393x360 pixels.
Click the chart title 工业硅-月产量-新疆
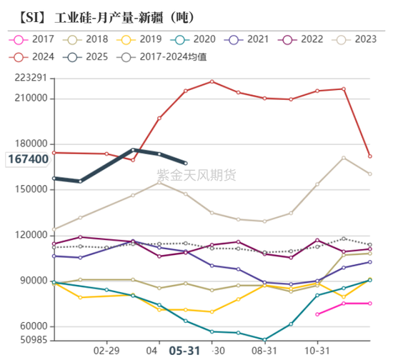106,16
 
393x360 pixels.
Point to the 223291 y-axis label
30,78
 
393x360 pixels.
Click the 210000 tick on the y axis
30,99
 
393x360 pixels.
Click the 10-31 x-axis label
317,350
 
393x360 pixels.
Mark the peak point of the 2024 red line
212,81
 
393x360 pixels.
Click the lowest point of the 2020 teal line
264,339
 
